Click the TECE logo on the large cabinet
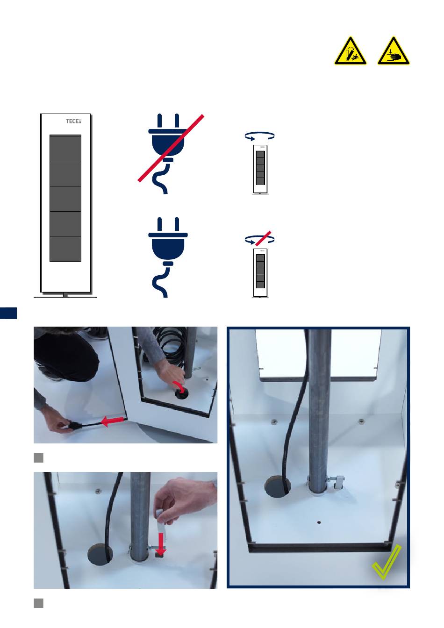(x=73, y=121)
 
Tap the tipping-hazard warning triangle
(x=350, y=51)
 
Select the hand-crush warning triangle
(x=393, y=51)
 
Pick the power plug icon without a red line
(x=168, y=257)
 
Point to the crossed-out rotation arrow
(x=259, y=239)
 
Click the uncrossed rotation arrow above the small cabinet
(x=259, y=136)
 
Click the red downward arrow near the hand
(x=161, y=544)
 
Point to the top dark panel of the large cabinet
(x=65, y=148)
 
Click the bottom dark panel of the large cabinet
(x=65, y=249)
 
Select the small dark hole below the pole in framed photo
(x=319, y=522)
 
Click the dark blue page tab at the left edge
(x=8, y=313)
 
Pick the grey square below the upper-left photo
(x=38, y=457)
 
